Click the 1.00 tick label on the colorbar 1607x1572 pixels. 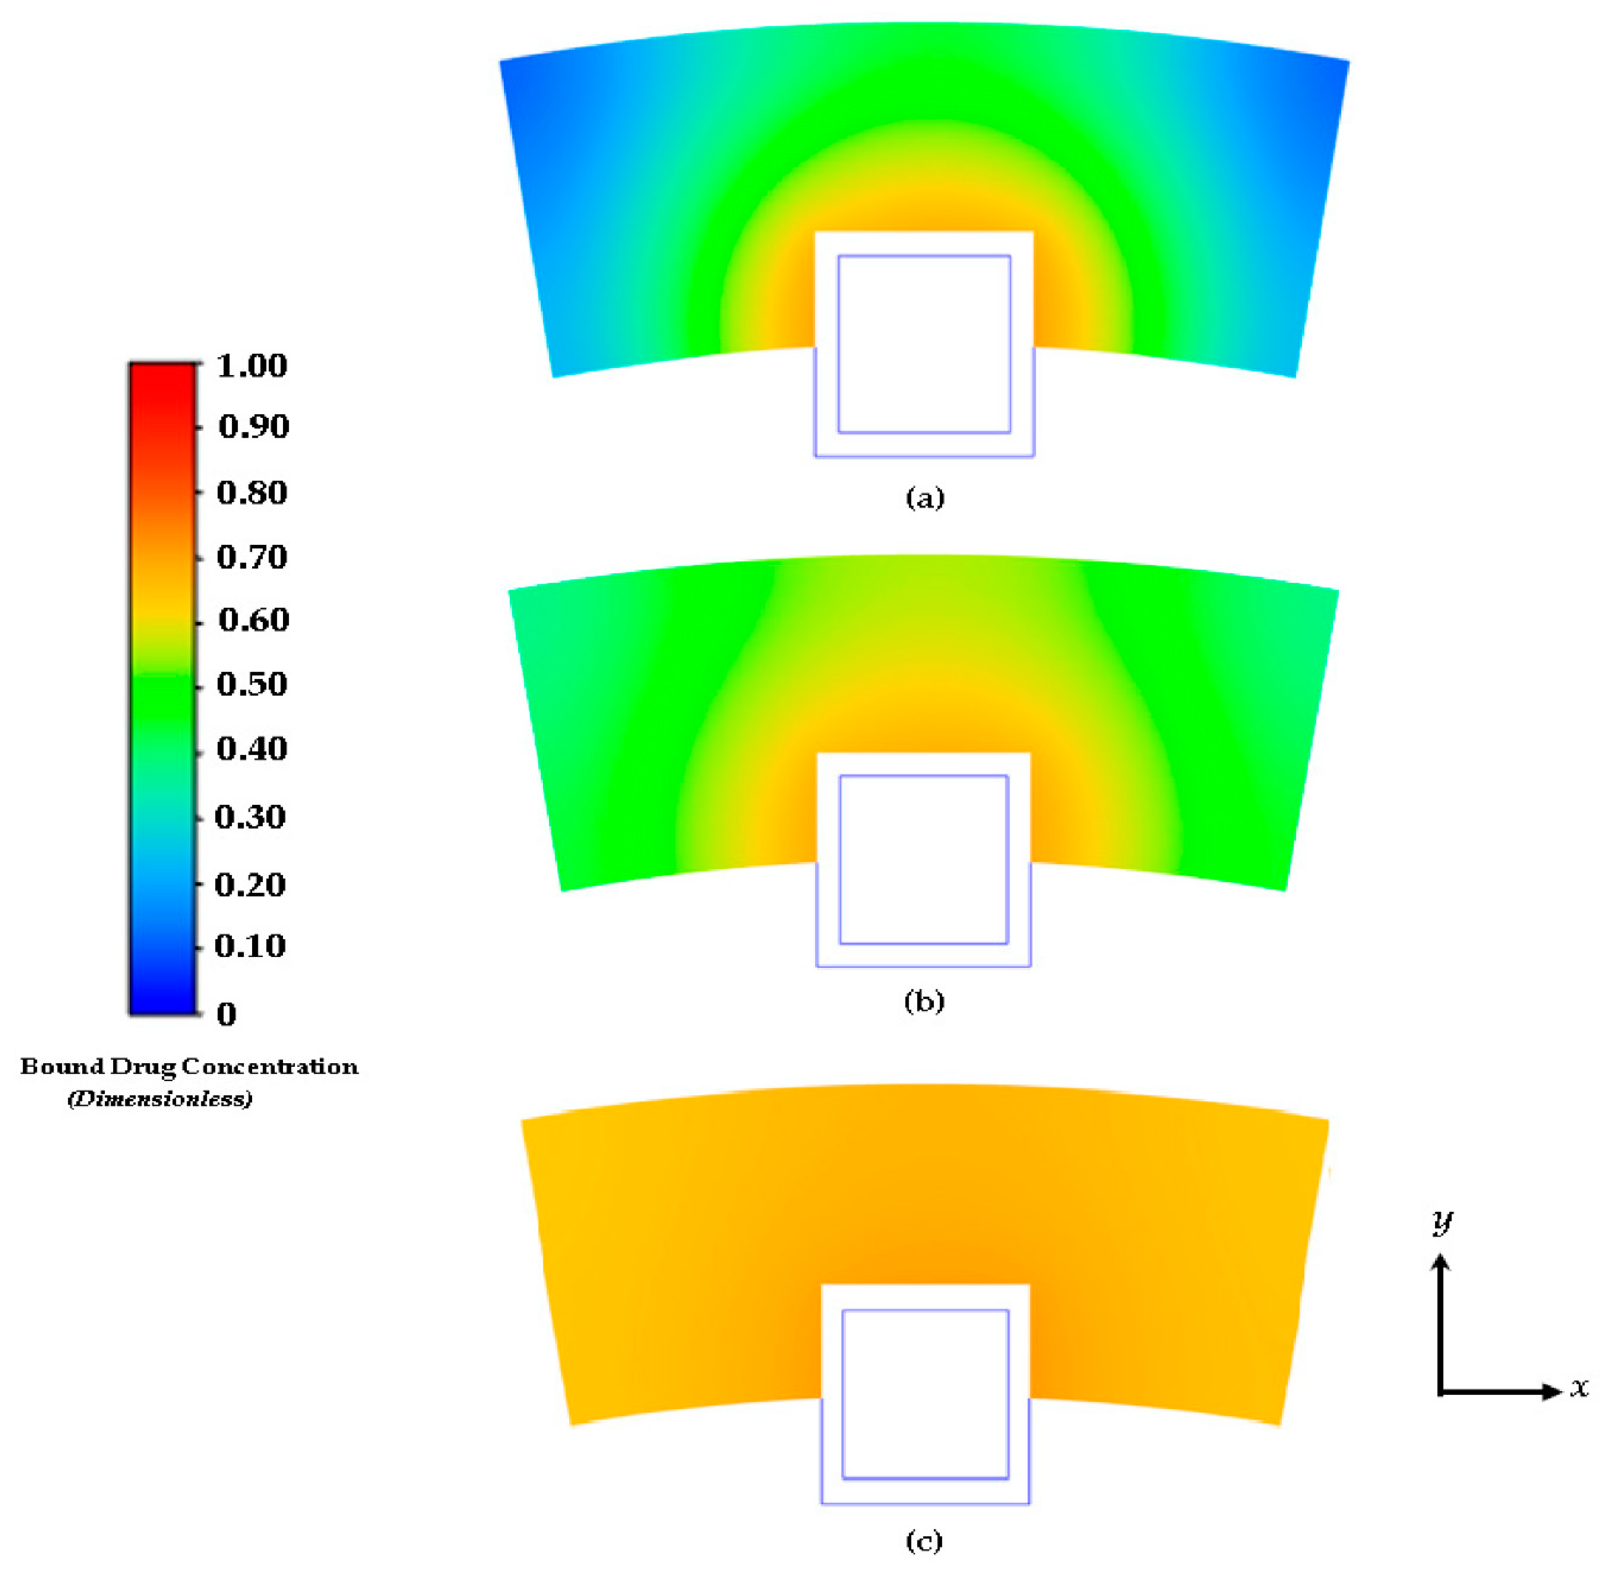coord(252,366)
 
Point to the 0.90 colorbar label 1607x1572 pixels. coord(253,427)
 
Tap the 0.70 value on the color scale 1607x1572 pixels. coord(252,557)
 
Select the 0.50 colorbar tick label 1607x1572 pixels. coord(252,684)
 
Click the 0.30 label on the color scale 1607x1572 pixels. coord(250,818)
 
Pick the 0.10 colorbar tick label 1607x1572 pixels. coord(250,946)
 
